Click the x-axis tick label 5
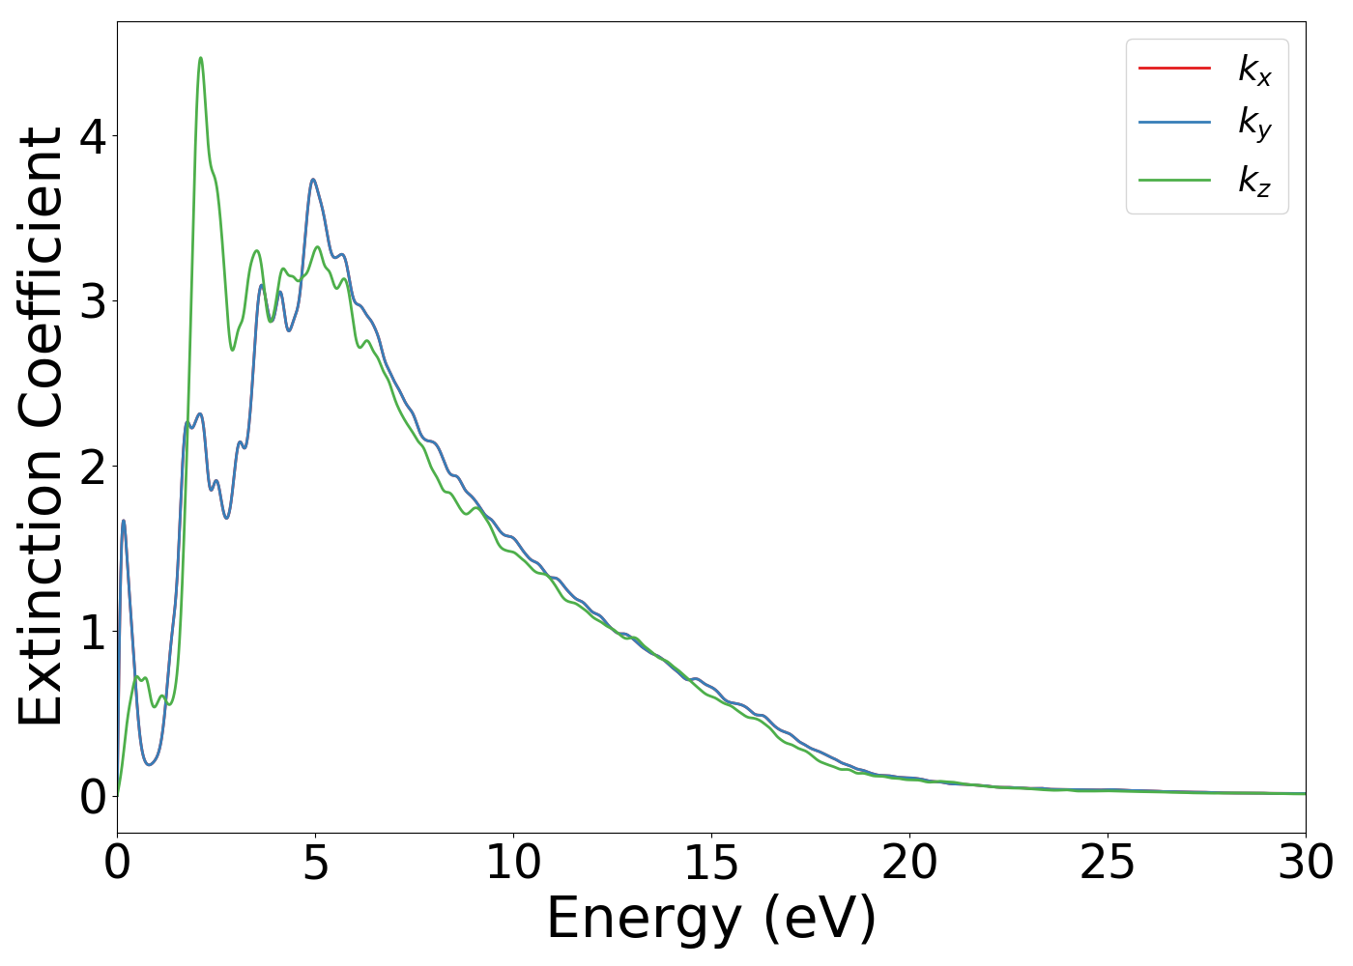point(315,863)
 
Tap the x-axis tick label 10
point(513,863)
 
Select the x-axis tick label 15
point(711,863)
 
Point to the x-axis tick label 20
point(909,863)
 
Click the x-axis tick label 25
point(1108,863)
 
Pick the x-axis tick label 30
point(1306,863)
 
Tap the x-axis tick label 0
point(117,863)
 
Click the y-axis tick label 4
point(93,136)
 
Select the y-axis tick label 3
point(93,301)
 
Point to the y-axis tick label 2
point(93,467)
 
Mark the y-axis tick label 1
point(93,632)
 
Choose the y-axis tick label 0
point(93,797)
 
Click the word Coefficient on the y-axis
point(42,280)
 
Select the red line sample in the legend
point(1174,68)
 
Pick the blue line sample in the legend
point(1174,123)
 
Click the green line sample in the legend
point(1174,179)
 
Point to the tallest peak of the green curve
point(200,58)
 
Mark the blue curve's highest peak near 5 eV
point(313,180)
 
